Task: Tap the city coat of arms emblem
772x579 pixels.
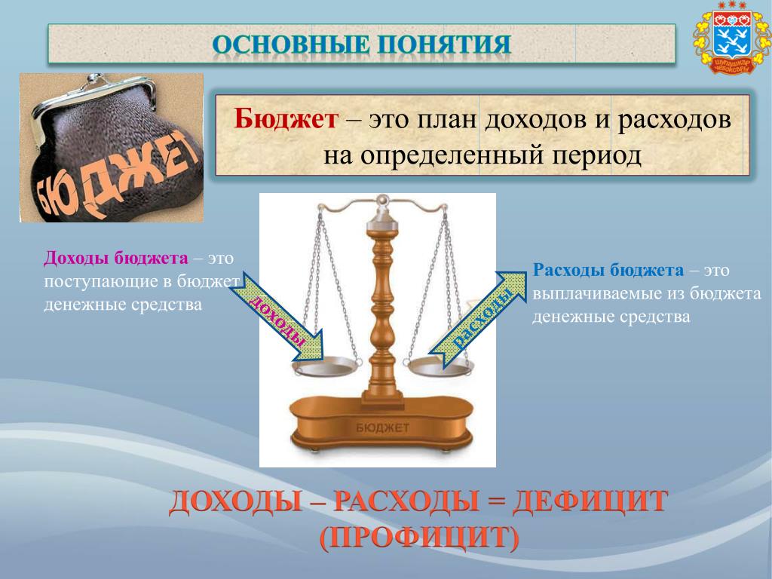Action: (731, 38)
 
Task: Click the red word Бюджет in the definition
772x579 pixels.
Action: (286, 119)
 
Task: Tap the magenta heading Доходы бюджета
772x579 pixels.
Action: (115, 258)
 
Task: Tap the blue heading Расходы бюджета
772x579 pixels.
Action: (608, 270)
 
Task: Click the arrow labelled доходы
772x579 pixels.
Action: (277, 316)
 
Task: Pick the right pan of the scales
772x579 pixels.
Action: (440, 368)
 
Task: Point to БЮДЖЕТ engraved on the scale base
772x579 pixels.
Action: (382, 428)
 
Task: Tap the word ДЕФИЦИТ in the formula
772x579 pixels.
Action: (590, 502)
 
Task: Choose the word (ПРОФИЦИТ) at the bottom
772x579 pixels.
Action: (419, 538)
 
